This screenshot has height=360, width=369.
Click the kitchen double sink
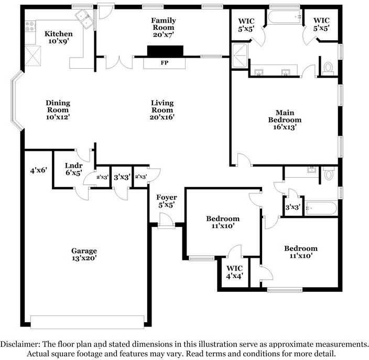(84, 19)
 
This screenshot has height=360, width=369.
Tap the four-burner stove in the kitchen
(30, 26)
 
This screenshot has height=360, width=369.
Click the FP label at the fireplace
(165, 63)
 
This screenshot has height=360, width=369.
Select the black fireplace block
(165, 51)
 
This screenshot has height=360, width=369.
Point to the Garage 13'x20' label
(84, 254)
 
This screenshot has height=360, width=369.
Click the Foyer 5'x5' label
(167, 201)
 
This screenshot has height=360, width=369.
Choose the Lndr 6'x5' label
(74, 169)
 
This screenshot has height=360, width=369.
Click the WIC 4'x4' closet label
(235, 272)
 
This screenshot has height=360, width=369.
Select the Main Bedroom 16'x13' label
(285, 120)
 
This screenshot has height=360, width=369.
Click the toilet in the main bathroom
(328, 68)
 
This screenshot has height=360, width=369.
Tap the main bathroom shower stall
(240, 56)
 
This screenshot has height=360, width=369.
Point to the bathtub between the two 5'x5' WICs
(285, 17)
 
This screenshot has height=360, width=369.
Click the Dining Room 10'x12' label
(58, 110)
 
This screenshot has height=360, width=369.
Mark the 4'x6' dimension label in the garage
(39, 170)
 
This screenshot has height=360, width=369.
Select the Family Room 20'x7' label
(164, 27)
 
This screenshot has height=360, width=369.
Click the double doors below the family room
(120, 62)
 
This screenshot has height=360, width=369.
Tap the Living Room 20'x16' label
(162, 110)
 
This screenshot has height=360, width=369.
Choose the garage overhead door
(88, 322)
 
